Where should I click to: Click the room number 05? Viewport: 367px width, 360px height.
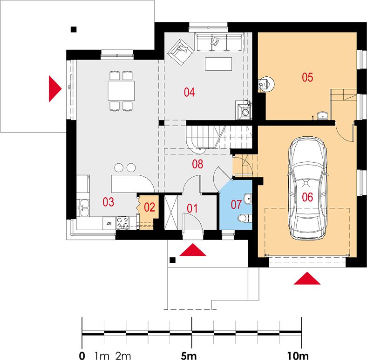pos(307,77)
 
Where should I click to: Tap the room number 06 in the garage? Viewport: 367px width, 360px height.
pos(307,197)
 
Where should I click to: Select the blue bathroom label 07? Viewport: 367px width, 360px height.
pos(236,205)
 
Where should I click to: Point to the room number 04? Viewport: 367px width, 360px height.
pos(189,92)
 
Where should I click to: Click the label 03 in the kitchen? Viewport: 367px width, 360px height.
pos(109,202)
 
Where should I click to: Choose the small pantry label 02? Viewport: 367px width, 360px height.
pos(150,207)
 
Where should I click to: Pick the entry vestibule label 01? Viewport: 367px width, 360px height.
pos(192,208)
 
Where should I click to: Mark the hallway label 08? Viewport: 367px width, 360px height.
pos(197,164)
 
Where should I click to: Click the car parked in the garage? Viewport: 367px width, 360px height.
pos(307,188)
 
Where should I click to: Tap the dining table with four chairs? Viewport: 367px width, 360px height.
pos(121,91)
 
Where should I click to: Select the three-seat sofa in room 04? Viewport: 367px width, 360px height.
pos(219,42)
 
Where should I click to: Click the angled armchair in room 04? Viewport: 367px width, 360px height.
pos(180,52)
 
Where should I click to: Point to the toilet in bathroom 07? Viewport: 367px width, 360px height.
pos(245,218)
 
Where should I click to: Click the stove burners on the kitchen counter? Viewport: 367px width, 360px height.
pos(123,222)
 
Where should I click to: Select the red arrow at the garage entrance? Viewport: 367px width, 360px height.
pos(307,278)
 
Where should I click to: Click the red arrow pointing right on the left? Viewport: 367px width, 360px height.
pos(55,88)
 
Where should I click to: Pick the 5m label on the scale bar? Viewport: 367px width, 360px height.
pos(189,356)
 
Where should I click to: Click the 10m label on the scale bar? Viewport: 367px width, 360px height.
pos(298,356)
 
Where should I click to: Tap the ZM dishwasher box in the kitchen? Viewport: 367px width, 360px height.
pos(109,223)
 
